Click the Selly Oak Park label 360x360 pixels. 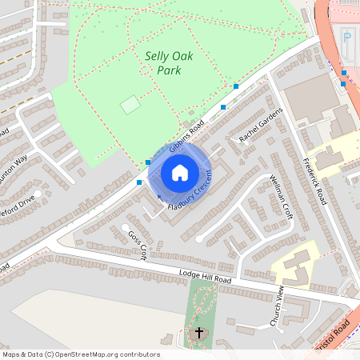(163, 63)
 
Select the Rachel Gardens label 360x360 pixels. (261, 126)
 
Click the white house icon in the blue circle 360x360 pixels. (180, 172)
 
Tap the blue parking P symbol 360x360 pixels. (346, 37)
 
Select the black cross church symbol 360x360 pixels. (199, 332)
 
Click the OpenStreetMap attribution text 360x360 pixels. (81, 354)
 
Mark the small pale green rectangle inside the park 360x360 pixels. (130, 105)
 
